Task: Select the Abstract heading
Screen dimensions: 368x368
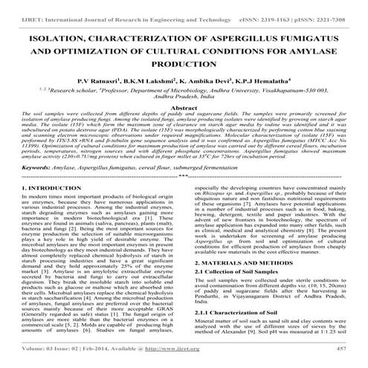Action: (183, 108)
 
